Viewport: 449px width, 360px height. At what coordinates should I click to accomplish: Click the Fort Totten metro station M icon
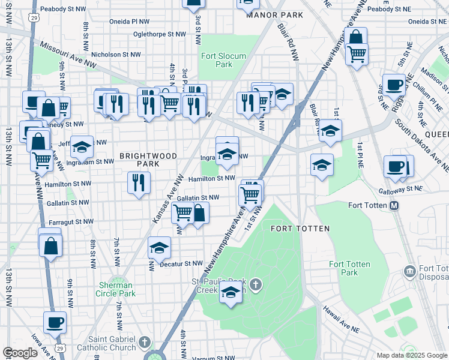click(x=395, y=206)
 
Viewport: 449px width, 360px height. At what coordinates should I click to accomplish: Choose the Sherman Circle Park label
click(x=115, y=289)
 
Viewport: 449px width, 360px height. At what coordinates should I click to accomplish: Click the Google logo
click(x=20, y=353)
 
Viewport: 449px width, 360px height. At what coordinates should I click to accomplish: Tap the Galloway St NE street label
click(x=400, y=189)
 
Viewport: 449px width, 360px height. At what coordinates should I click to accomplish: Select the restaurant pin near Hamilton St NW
click(x=139, y=182)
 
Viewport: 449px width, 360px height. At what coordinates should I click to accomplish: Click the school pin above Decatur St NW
click(x=159, y=247)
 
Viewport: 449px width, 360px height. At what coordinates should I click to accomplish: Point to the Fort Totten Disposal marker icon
click(x=411, y=272)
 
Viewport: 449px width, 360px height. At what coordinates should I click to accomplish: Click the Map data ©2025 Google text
click(x=411, y=355)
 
